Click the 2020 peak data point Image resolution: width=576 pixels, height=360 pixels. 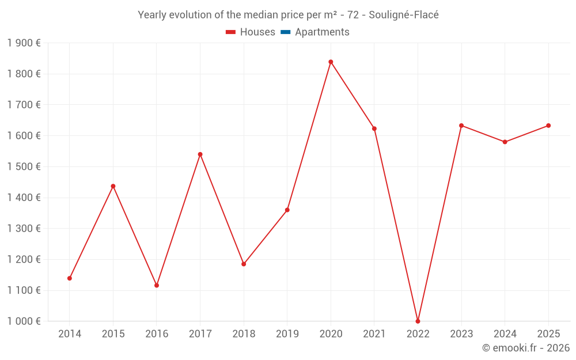(331, 62)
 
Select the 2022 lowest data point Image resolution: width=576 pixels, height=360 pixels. (418, 321)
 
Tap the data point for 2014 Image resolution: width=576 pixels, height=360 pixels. (70, 278)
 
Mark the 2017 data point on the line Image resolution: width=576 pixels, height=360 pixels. (200, 154)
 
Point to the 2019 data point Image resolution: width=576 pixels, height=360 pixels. (287, 210)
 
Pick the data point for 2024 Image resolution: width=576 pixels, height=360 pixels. (505, 142)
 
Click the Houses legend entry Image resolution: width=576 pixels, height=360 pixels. (251, 32)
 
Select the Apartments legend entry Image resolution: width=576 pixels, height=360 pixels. (322, 32)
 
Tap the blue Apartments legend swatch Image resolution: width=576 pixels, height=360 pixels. (285, 32)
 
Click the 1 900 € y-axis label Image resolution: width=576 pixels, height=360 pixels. (24, 43)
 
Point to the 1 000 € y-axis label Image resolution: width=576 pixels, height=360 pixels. (24, 321)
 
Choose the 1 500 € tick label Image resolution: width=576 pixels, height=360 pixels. (24, 166)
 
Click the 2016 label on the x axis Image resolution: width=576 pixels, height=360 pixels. (157, 334)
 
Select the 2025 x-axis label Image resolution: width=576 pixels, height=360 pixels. (548, 334)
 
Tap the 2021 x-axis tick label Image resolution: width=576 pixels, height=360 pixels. (374, 334)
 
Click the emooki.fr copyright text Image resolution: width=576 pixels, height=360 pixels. (526, 348)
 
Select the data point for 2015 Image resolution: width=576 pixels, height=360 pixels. (113, 186)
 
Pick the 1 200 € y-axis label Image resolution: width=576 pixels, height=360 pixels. (24, 259)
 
